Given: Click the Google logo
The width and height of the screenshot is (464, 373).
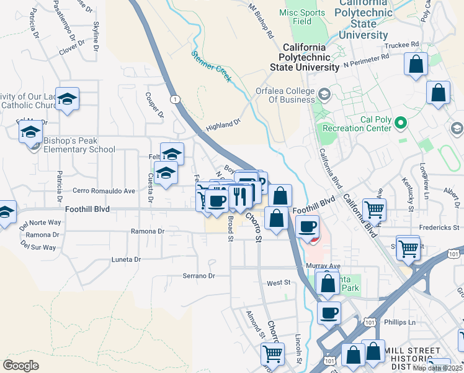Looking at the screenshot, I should click(20, 366).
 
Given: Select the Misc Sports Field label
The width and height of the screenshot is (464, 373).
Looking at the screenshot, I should click(303, 17).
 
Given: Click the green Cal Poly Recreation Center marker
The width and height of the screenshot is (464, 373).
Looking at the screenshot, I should click(401, 123).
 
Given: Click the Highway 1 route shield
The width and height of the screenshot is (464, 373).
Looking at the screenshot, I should click(176, 99).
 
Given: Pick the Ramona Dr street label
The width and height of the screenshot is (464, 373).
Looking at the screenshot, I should click(147, 231).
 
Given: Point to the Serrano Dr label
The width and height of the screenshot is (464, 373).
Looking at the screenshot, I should click(198, 275).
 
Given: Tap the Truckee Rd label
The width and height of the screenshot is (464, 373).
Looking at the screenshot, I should click(401, 45).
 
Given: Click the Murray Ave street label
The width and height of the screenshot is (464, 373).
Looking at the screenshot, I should click(323, 265).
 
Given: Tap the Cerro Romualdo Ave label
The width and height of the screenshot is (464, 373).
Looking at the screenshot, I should click(104, 191).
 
